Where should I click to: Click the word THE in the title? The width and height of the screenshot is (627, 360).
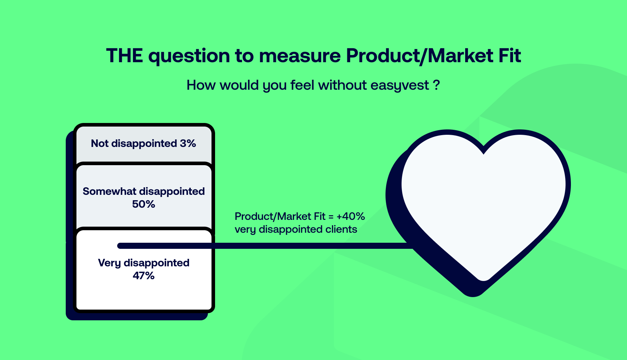pyautogui.click(x=124, y=56)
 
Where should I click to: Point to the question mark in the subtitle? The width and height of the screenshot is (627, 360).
pyautogui.click(x=437, y=85)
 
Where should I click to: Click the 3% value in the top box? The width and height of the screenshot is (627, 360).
pyautogui.click(x=188, y=143)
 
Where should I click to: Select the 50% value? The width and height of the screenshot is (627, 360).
pyautogui.click(x=144, y=204)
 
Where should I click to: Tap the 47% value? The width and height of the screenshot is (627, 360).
pyautogui.click(x=144, y=276)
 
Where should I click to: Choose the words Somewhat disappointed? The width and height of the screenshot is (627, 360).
pyautogui.click(x=144, y=191)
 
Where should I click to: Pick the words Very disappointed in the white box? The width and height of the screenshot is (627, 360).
pyautogui.click(x=144, y=263)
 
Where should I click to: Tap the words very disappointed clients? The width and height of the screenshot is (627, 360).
pyautogui.click(x=296, y=229)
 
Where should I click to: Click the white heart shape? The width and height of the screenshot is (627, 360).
pyautogui.click(x=483, y=200)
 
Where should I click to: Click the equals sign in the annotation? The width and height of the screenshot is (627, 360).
pyautogui.click(x=331, y=216)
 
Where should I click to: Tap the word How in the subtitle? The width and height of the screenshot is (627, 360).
pyautogui.click(x=201, y=85)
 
